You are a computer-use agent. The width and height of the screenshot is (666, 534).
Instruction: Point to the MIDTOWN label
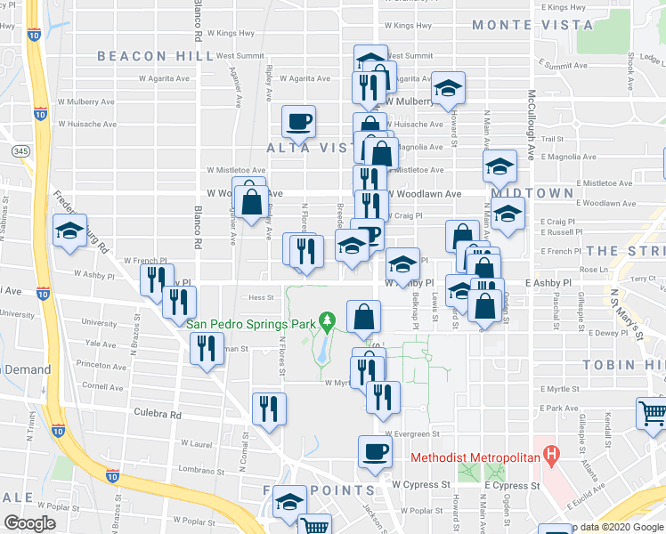point(532,192)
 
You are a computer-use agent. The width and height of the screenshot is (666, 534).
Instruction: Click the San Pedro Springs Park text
point(252,322)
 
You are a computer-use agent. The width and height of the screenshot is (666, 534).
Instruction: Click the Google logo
point(29,522)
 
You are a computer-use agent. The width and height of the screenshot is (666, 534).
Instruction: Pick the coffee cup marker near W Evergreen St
point(375,450)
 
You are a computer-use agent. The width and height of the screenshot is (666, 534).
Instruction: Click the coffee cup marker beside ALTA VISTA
point(298,120)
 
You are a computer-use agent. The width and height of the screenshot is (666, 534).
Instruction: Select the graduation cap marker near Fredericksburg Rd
point(69,230)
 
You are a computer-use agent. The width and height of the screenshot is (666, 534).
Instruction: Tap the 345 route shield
point(20,152)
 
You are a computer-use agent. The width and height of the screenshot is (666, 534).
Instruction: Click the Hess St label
point(261,298)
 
